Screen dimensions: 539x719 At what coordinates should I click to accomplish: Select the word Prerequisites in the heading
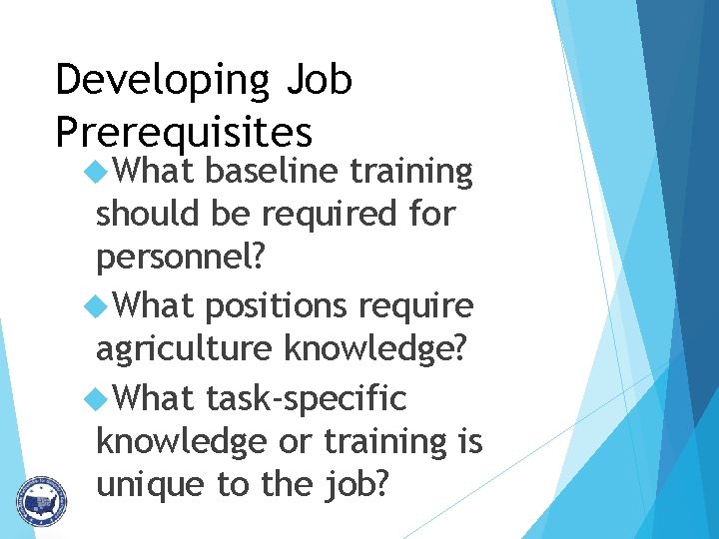tap(184, 132)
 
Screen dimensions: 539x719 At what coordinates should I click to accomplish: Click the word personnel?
tap(181, 258)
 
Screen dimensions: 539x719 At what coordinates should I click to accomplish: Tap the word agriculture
tap(185, 348)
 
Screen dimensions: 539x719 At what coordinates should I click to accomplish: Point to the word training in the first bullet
tap(411, 172)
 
